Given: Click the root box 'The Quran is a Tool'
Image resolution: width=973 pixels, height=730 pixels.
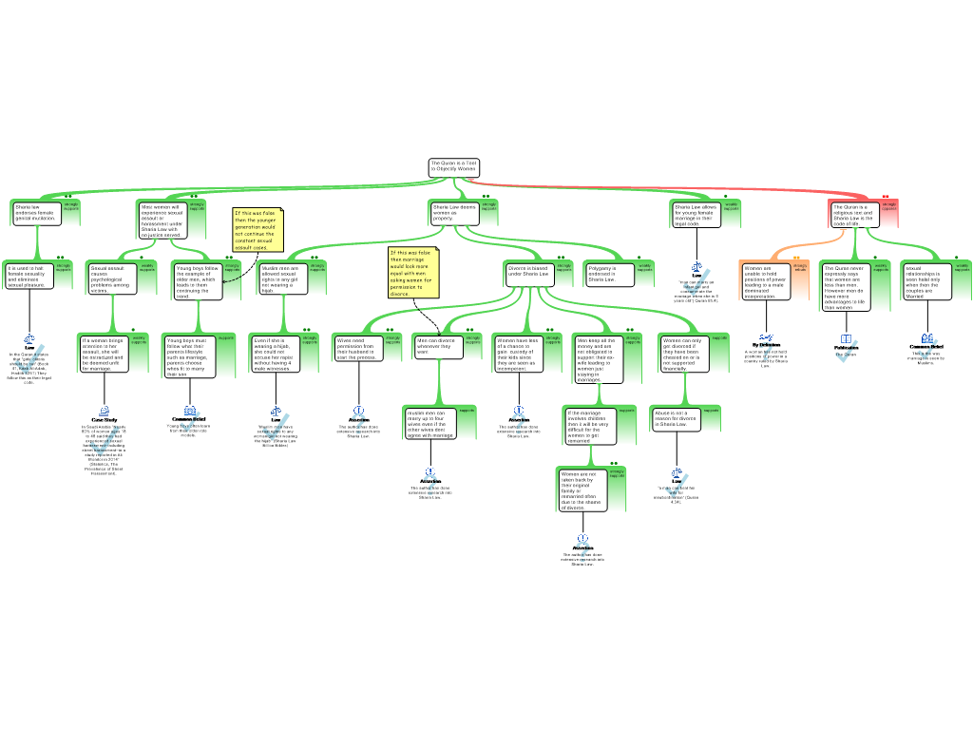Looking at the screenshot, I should point(453,166).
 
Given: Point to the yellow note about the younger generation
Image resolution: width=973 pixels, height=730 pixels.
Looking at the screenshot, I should point(258,230).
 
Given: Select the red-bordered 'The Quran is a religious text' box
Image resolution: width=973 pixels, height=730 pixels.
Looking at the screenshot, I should point(852,215).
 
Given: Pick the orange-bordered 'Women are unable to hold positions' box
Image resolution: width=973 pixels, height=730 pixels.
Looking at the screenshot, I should point(765,281).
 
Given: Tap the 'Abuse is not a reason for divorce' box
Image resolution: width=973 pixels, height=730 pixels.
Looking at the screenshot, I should point(676,419).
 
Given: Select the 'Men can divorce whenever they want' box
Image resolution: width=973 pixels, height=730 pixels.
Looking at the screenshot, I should point(438,346).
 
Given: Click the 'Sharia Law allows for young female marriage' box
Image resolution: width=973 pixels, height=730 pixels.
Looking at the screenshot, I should point(696,214).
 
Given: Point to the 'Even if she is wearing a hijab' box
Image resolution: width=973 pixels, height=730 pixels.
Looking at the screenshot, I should point(275,354).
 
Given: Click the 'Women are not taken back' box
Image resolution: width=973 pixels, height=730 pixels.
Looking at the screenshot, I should point(582,490).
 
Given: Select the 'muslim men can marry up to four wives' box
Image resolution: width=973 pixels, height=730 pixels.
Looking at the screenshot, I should point(429,424).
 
